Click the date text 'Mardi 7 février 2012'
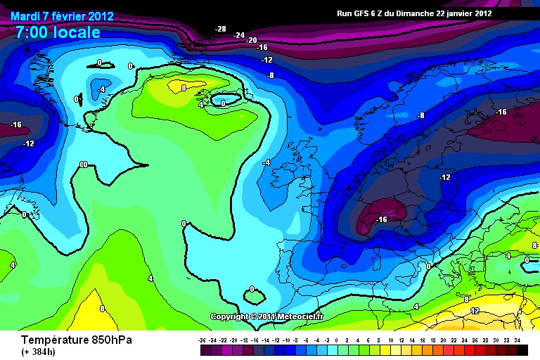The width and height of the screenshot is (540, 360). [62, 16]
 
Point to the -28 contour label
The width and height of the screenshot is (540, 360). [221, 29]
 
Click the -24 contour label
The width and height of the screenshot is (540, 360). [239, 35]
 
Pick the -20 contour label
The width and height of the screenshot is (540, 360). [252, 40]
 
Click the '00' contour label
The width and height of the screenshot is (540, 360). [83, 165]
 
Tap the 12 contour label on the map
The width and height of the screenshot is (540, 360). [475, 311]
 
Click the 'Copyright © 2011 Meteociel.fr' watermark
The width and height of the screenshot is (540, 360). [267, 316]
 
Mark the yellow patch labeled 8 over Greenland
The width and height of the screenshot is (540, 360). [176, 87]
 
